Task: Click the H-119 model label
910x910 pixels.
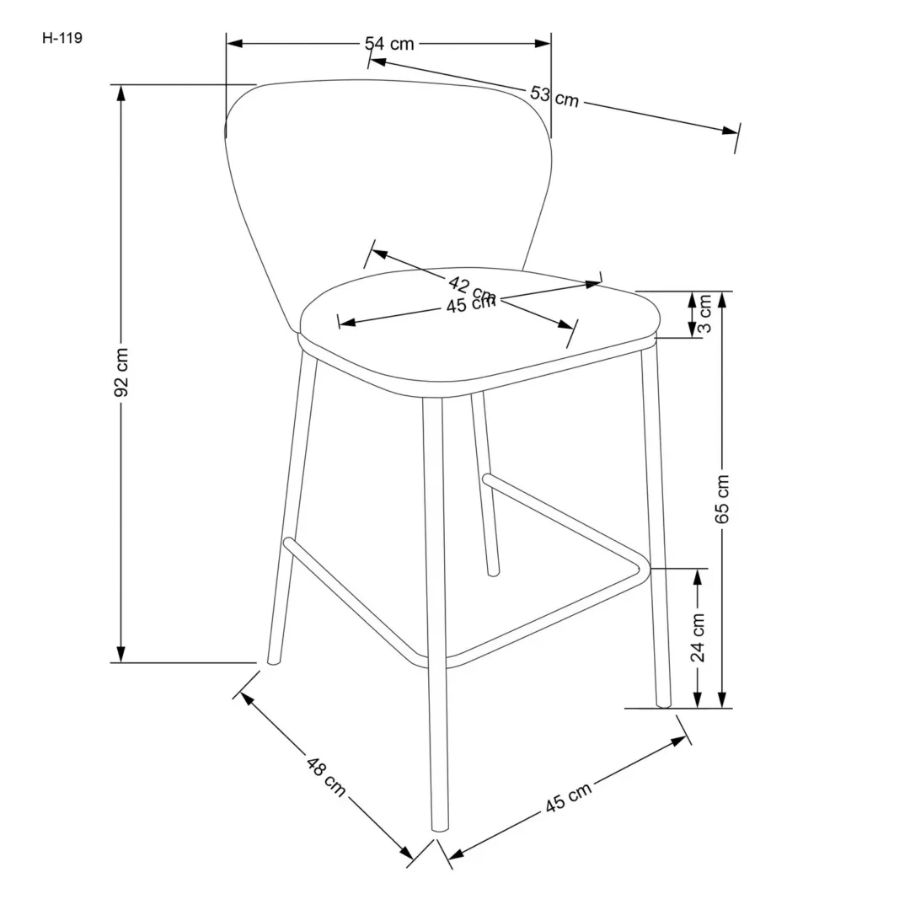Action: (62, 38)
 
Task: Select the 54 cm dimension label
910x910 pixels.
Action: (388, 44)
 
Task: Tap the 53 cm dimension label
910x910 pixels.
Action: (554, 96)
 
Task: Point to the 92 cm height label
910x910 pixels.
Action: (121, 372)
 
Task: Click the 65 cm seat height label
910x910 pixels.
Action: (722, 499)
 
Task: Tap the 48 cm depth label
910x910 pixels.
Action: (324, 778)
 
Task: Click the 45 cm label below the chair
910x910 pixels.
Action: (568, 797)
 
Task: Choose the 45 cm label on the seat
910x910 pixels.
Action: (469, 305)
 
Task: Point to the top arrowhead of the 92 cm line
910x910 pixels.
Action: (121, 91)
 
